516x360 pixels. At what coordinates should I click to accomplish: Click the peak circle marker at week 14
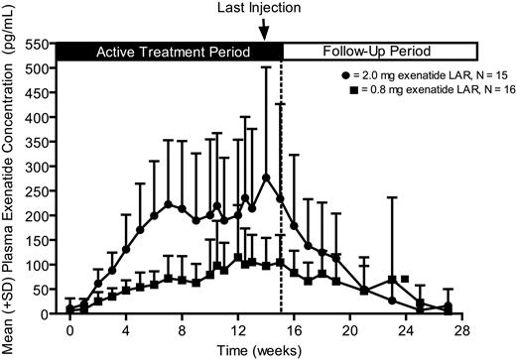(x=266, y=179)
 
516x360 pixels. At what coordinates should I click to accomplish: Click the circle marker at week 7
(x=168, y=205)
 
